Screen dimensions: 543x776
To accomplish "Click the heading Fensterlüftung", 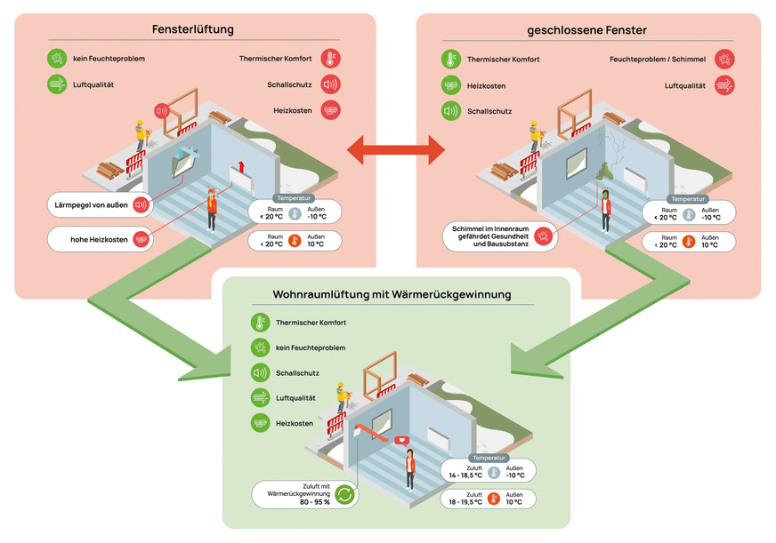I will (x=193, y=29).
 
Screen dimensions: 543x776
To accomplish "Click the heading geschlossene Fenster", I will (x=587, y=30).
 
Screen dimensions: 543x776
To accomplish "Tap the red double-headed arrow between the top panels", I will (x=396, y=149).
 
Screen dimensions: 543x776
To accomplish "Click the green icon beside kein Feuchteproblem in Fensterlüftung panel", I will (x=58, y=60).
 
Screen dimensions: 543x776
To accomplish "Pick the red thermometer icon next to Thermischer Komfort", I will (x=330, y=60).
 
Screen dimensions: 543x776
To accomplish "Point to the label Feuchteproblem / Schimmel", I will (x=658, y=60).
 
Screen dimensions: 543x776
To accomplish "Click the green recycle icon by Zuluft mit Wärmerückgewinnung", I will (x=345, y=496).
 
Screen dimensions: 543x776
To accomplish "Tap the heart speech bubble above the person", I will (x=401, y=440).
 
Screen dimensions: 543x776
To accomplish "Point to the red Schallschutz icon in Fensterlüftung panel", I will (x=330, y=85).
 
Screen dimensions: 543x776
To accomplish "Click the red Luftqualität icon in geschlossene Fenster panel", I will (x=725, y=85).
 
